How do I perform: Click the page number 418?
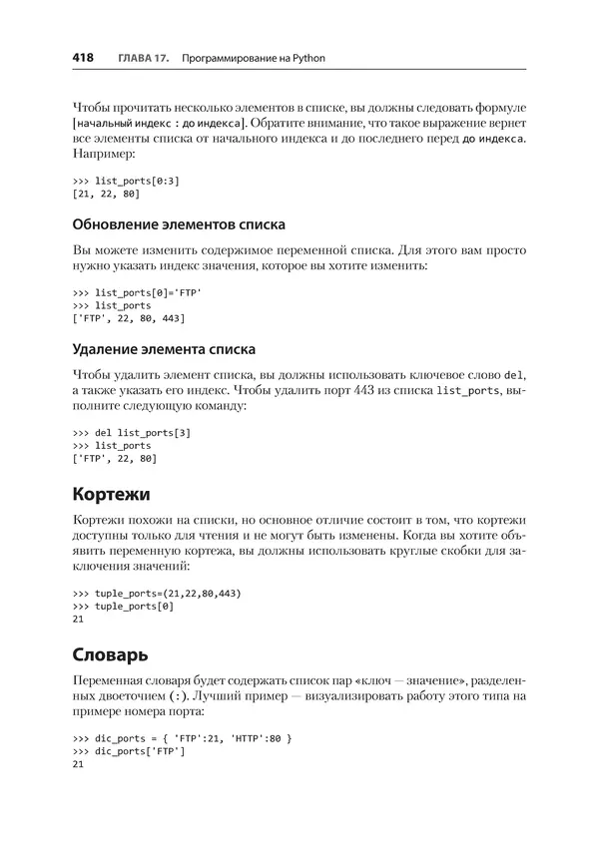coord(83,58)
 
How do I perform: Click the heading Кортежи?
coord(111,494)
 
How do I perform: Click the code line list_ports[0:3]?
coord(126,181)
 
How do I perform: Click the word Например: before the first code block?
coord(109,155)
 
